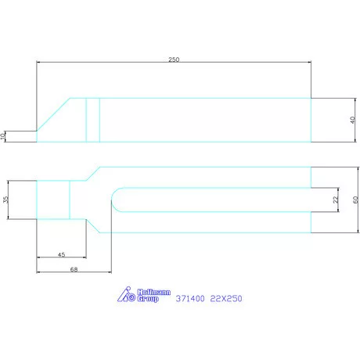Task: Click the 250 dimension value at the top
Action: click(174, 59)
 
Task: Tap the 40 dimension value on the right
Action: click(352, 120)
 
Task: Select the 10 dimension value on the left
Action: click(4, 136)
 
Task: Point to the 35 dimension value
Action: click(5, 200)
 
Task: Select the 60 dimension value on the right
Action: click(354, 200)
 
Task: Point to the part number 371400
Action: click(191, 297)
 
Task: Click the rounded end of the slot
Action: click(115, 200)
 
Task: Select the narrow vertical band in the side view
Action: click(92, 119)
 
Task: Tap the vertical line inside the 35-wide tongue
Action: click(70, 200)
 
